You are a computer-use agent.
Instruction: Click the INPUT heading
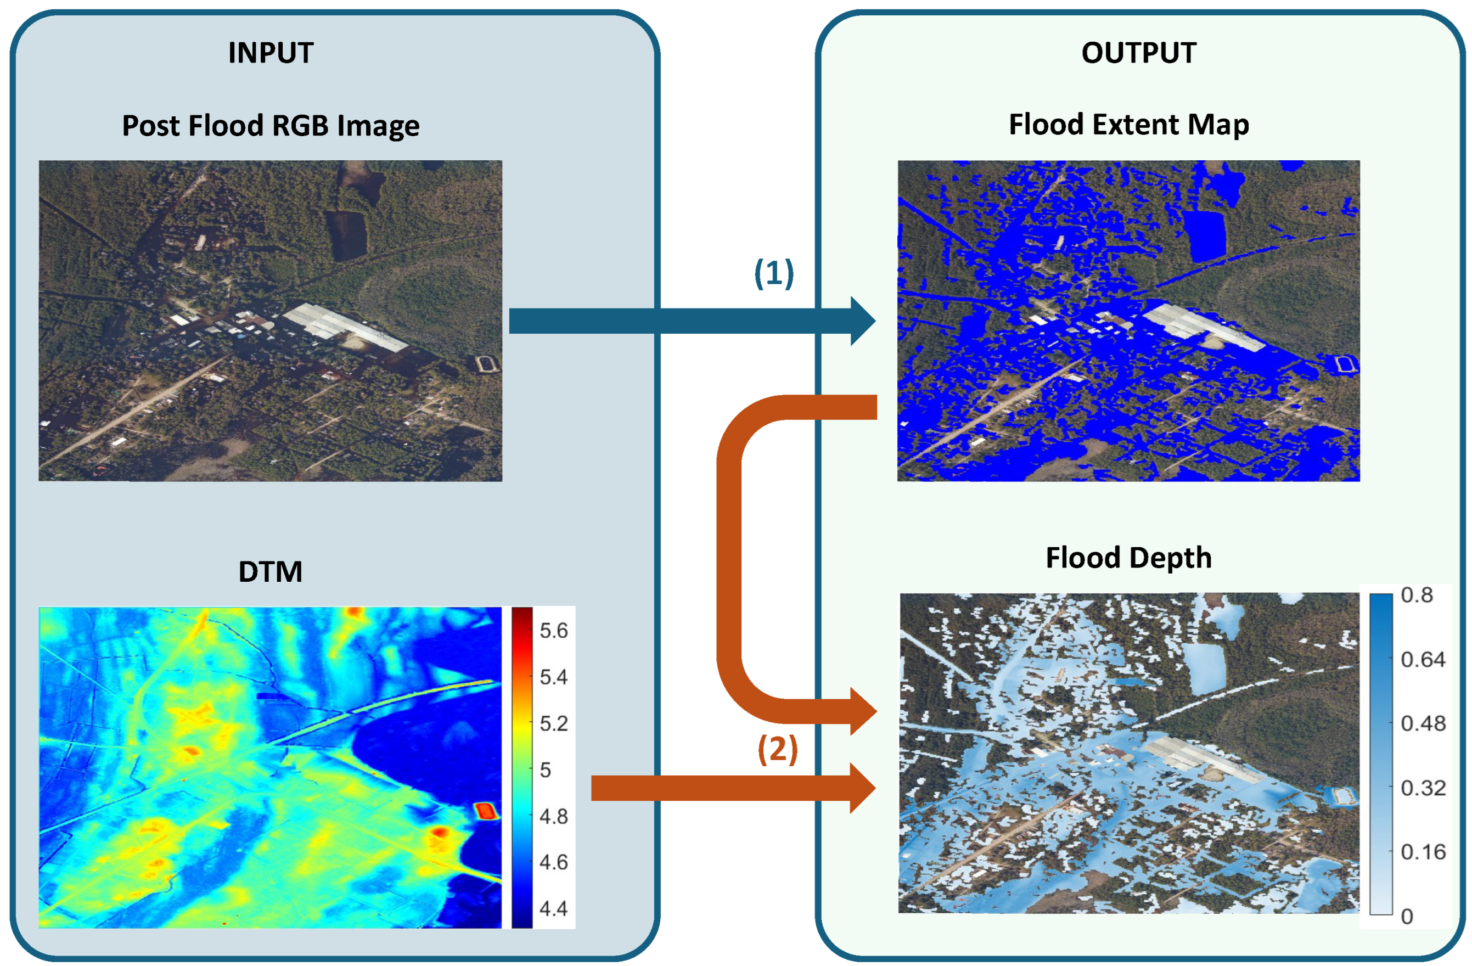coord(271,53)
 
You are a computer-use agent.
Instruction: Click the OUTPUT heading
coord(1139,53)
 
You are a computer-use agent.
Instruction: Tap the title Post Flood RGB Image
coord(271,126)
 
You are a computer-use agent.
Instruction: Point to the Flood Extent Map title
coord(1129,125)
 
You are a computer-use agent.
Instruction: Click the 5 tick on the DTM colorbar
coord(545,770)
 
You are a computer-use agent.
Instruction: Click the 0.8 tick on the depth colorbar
coord(1417,595)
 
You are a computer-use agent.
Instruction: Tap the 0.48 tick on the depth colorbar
coord(1423,723)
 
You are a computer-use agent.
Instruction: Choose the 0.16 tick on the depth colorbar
coord(1423,852)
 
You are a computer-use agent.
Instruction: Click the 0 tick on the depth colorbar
coord(1407,917)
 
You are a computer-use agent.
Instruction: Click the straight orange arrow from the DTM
coord(733,788)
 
